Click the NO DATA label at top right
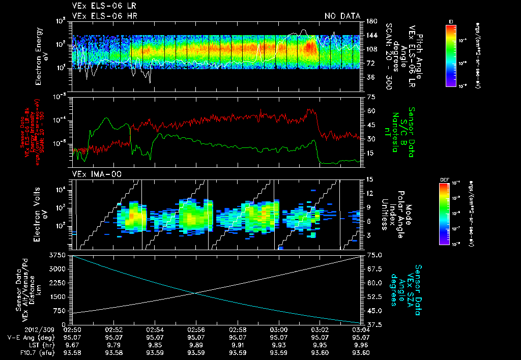click(342, 16)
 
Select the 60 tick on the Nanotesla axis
click(369, 111)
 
